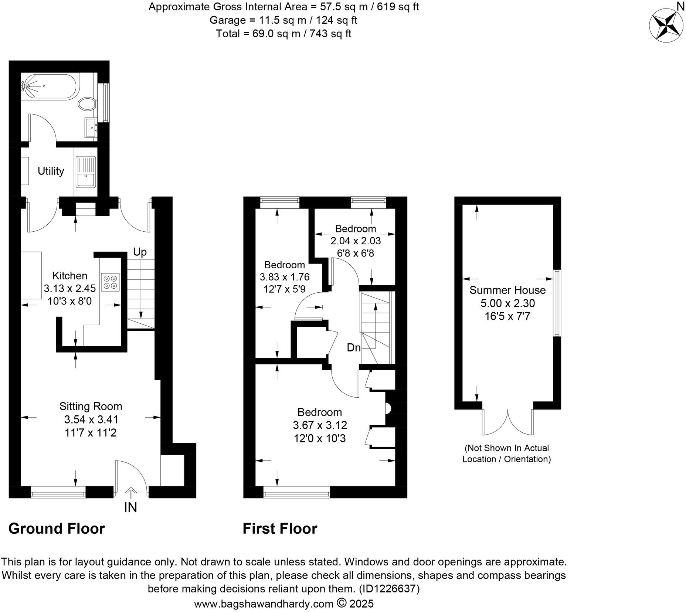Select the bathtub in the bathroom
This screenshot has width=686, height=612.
pyautogui.click(x=49, y=86)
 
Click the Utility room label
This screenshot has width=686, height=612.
pyautogui.click(x=51, y=171)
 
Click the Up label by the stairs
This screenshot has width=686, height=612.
pyautogui.click(x=140, y=252)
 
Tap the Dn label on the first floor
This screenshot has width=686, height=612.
pyautogui.click(x=353, y=347)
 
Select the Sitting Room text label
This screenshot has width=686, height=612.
pyautogui.click(x=91, y=407)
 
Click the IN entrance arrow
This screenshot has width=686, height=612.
pyautogui.click(x=130, y=493)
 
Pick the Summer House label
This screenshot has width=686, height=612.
pyautogui.click(x=507, y=290)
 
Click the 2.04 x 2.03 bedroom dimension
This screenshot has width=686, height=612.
pyautogui.click(x=355, y=241)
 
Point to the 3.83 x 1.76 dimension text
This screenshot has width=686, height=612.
pyautogui.click(x=285, y=277)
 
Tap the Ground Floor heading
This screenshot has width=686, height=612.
pyautogui.click(x=57, y=528)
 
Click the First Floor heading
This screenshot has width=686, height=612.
pyautogui.click(x=280, y=528)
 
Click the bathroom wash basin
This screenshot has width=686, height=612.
pyautogui.click(x=91, y=127)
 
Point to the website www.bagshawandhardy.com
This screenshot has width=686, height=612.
pyautogui.click(x=264, y=604)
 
